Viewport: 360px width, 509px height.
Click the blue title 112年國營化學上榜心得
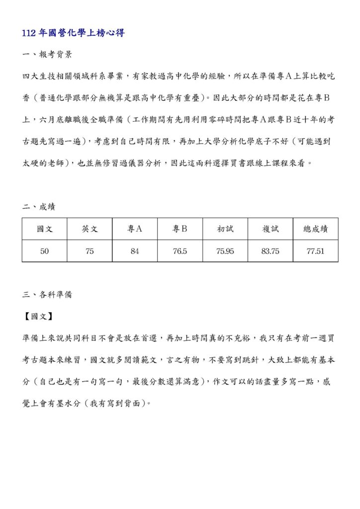(x=74, y=33)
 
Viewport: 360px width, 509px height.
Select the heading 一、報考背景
(x=47, y=55)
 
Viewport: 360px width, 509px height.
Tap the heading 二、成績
(x=39, y=207)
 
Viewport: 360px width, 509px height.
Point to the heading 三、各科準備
(x=47, y=294)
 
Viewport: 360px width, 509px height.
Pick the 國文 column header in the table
(x=45, y=229)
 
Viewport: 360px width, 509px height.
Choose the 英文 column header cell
(x=90, y=229)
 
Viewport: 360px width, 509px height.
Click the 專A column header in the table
(x=135, y=229)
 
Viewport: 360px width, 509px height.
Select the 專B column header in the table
(x=180, y=229)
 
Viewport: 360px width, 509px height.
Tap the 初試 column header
(x=225, y=229)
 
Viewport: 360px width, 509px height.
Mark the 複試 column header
(x=270, y=229)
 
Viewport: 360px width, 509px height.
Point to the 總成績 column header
(x=316, y=229)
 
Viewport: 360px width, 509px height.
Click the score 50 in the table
(x=45, y=251)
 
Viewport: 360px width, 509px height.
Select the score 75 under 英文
(x=90, y=251)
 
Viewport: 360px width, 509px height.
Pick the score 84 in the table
(x=135, y=251)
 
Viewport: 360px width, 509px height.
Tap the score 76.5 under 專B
(x=180, y=251)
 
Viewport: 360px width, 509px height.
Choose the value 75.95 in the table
(x=225, y=251)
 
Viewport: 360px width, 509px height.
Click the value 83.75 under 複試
(x=270, y=251)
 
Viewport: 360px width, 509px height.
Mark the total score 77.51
(x=316, y=251)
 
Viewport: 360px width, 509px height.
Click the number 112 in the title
(x=29, y=33)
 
